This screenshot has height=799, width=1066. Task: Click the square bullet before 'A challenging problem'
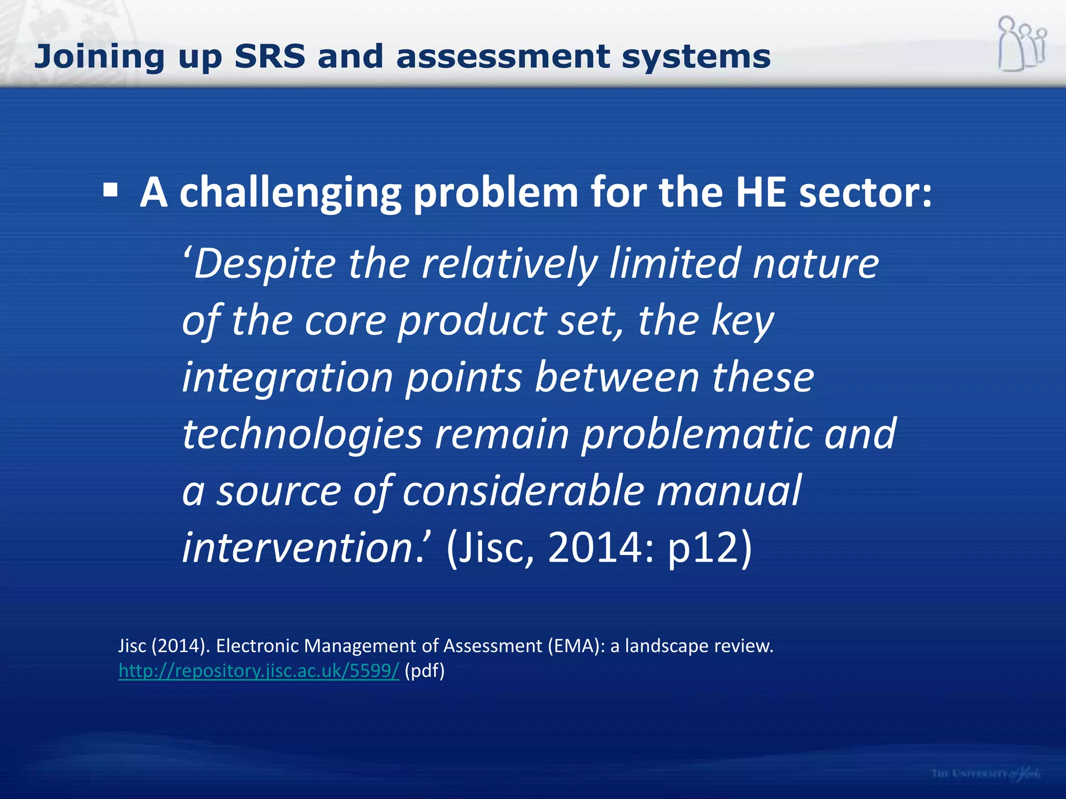coord(110,190)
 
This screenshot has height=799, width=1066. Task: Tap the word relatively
coord(510,264)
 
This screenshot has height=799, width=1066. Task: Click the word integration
coord(287,378)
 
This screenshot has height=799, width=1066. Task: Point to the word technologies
coord(302,434)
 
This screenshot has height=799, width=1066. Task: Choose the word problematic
coord(696,435)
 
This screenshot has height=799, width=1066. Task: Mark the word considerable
coord(523,491)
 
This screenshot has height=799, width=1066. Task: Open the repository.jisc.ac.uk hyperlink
coord(259,671)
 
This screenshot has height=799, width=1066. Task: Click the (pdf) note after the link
coord(425,671)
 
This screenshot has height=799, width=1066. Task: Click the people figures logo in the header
coord(1022,44)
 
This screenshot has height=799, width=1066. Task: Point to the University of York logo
coord(986,774)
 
